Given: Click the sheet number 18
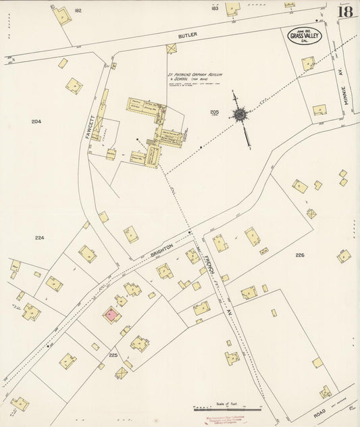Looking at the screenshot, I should click(x=345, y=11).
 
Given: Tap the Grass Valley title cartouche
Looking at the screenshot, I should click(x=305, y=35).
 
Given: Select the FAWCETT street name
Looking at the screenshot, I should click(x=88, y=126).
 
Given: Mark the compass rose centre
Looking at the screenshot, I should click(x=239, y=114).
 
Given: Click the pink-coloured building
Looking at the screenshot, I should click(x=110, y=315).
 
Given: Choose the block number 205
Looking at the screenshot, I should click(x=215, y=112).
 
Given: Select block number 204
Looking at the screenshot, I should click(x=36, y=122).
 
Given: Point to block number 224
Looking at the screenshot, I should click(x=39, y=238).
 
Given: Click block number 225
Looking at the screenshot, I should click(x=113, y=354).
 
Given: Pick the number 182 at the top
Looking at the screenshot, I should click(x=78, y=11).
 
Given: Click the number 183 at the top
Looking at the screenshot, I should click(x=214, y=9).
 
